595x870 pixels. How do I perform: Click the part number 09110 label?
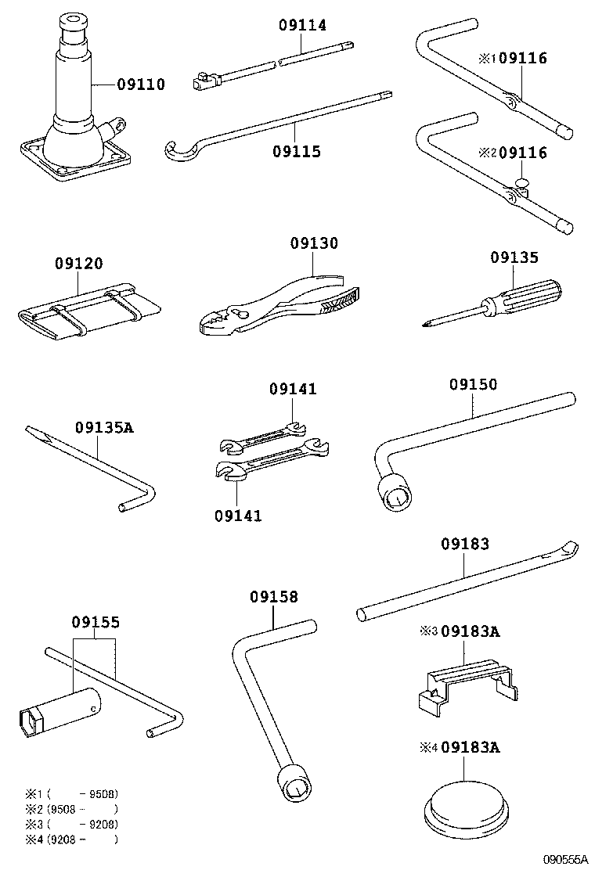[x=141, y=84]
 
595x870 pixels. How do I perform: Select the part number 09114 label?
[x=302, y=25]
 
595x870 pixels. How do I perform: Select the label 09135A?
[x=105, y=428]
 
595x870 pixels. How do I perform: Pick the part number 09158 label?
[x=274, y=597]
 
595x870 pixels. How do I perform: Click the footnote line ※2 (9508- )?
[x=70, y=809]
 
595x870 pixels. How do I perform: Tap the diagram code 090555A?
[x=565, y=859]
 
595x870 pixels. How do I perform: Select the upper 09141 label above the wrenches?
[x=294, y=389]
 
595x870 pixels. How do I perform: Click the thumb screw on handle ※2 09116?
[x=523, y=182]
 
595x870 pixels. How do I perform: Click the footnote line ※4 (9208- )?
[x=70, y=839]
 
